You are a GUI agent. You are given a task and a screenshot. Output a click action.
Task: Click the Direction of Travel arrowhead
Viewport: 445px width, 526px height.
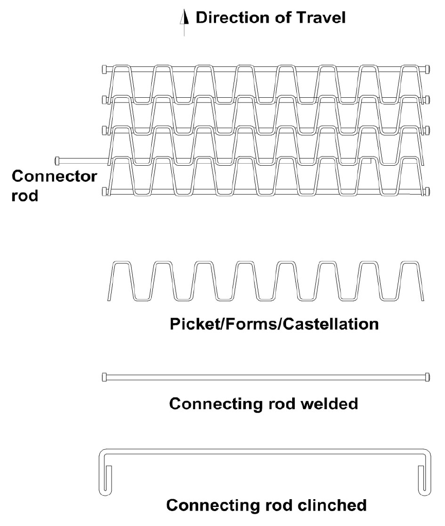coord(184,17)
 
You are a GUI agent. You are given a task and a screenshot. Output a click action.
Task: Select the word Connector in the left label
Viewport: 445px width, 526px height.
coord(55,176)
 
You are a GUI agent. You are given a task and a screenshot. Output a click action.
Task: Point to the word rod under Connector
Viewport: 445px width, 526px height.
coord(25,196)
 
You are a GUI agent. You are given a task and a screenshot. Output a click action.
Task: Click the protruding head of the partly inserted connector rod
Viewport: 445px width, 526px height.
coord(57,161)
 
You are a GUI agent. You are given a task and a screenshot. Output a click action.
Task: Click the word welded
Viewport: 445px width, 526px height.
coord(329,404)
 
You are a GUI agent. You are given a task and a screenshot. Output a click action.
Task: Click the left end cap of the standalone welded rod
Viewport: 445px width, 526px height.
coord(104,377)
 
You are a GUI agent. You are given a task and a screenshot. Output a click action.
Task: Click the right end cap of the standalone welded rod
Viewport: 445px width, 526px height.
coord(428,377)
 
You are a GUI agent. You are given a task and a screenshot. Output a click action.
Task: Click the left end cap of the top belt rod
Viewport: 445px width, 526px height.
coord(104,69)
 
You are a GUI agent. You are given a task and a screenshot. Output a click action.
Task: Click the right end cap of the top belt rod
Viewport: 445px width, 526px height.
coord(428,69)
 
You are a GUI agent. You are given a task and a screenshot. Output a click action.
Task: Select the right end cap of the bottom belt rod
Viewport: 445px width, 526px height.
coord(428,191)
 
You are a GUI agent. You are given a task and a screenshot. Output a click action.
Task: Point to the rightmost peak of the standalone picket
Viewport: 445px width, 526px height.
coord(410,262)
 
